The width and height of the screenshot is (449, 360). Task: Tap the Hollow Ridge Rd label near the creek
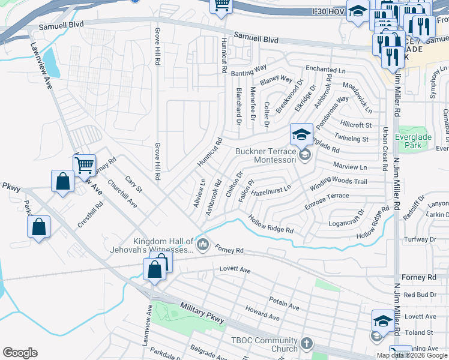tap(271, 225)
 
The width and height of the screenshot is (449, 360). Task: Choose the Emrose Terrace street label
tap(327, 200)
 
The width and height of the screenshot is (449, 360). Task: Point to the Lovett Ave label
tap(235, 270)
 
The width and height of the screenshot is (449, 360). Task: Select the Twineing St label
tap(352, 139)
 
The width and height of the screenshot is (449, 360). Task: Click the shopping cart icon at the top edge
tap(221, 5)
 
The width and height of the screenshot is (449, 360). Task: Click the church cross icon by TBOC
tap(306, 344)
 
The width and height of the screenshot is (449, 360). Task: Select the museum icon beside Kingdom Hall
tap(203, 244)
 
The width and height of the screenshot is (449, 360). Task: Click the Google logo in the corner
tap(20, 353)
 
